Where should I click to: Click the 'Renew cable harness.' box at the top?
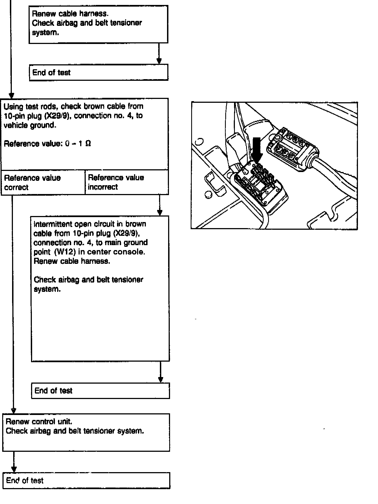[98, 24]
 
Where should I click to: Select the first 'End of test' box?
[98, 73]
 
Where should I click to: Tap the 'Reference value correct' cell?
[43, 182]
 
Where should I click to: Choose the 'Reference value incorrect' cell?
[127, 182]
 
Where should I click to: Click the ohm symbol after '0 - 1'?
[88, 144]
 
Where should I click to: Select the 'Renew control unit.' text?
[39, 421]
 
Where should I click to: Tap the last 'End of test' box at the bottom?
[86, 480]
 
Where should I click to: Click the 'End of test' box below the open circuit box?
[100, 391]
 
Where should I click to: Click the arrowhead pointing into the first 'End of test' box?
[159, 61]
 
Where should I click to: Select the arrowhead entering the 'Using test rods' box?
[11, 95]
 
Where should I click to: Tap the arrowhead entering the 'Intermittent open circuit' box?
[160, 213]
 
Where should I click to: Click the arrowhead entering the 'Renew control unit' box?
[13, 411]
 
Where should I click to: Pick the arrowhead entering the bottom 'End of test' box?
[14, 469]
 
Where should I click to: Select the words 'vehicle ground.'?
[30, 125]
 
